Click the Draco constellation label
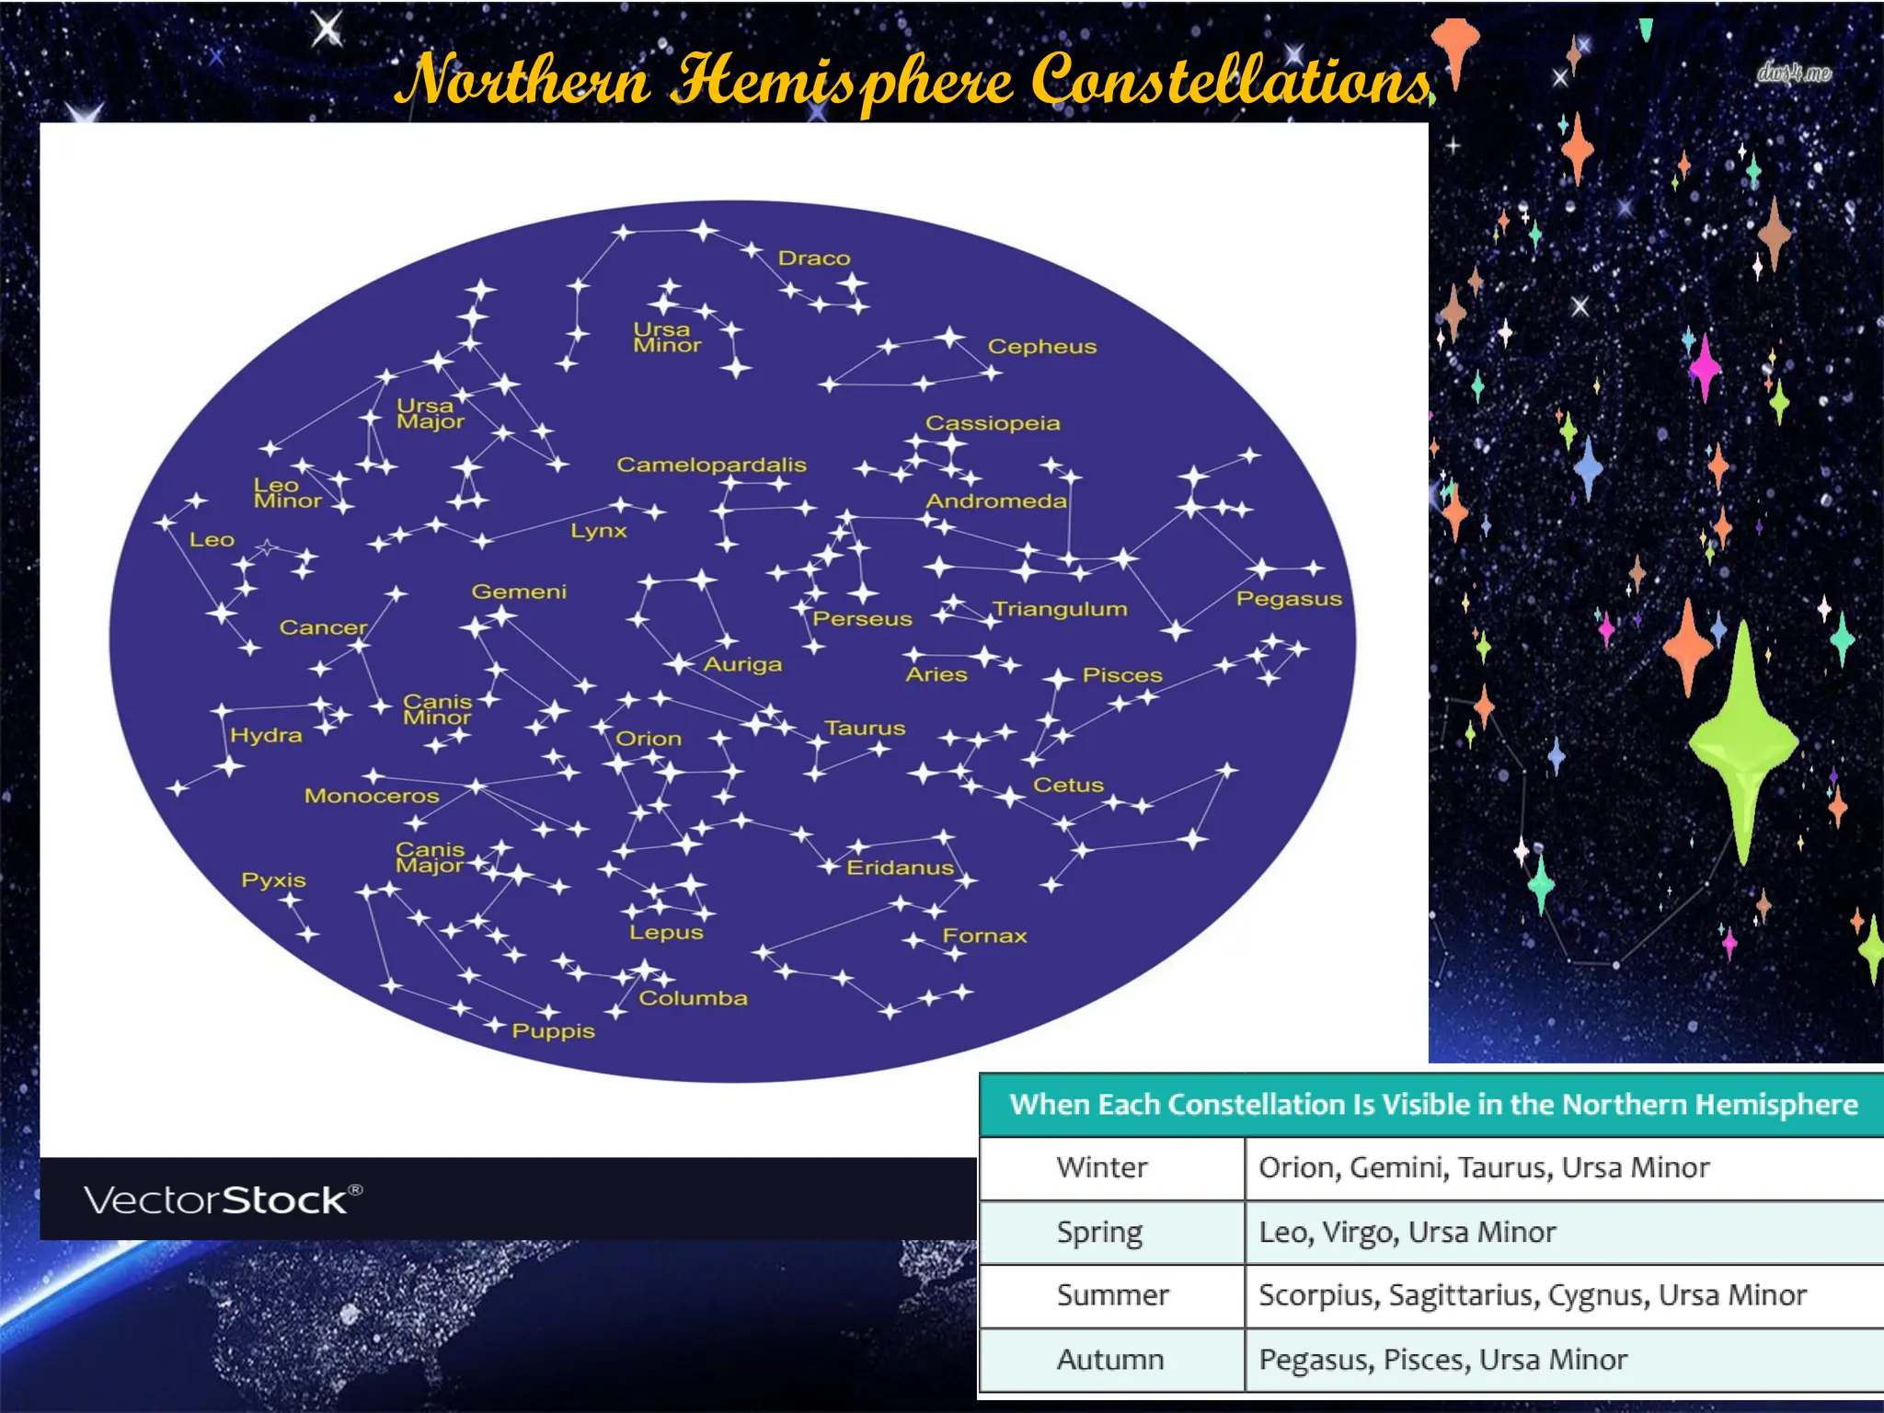point(814,258)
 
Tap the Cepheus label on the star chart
point(1042,347)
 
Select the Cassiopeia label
point(993,423)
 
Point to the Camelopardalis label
point(711,465)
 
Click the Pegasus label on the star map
point(1289,599)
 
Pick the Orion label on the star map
point(649,739)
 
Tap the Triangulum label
point(1060,609)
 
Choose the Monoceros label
point(372,796)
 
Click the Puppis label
point(553,1031)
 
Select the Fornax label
point(984,936)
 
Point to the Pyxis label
point(273,880)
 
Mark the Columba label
point(693,998)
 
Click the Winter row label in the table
point(1102,1167)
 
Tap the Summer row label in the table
point(1112,1295)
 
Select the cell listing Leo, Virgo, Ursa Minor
point(1407,1232)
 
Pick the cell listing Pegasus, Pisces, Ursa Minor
point(1442,1360)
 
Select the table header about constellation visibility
point(1433,1104)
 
